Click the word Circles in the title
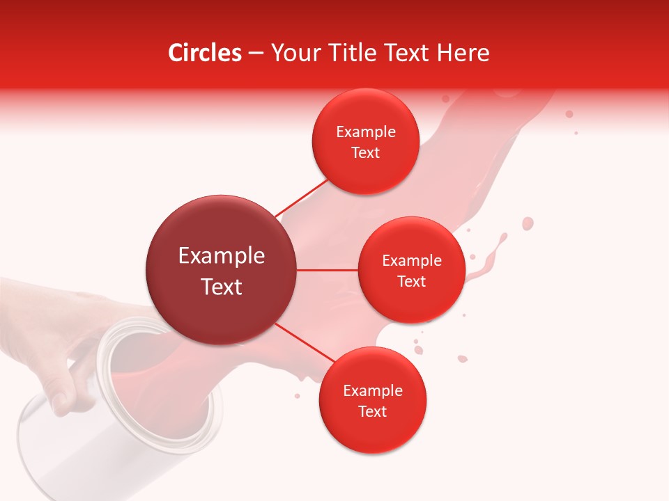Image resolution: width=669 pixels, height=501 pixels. [204, 53]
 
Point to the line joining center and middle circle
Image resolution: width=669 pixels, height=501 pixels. [328, 270]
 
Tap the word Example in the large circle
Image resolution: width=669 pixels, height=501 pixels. [221, 256]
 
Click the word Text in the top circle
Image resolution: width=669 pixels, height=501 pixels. [365, 153]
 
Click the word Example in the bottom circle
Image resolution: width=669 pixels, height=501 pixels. [372, 390]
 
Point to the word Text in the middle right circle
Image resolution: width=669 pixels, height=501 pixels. [411, 282]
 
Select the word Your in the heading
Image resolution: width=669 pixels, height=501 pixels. [293, 53]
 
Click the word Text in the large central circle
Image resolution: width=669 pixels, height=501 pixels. [221, 287]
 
